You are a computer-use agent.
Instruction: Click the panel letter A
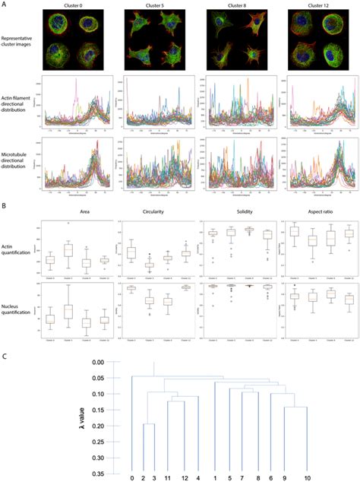coord(5,4)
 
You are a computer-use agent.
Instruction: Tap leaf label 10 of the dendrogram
coord(306,478)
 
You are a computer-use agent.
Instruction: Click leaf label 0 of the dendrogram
coord(131,478)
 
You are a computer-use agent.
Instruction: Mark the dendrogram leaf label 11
coord(168,478)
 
